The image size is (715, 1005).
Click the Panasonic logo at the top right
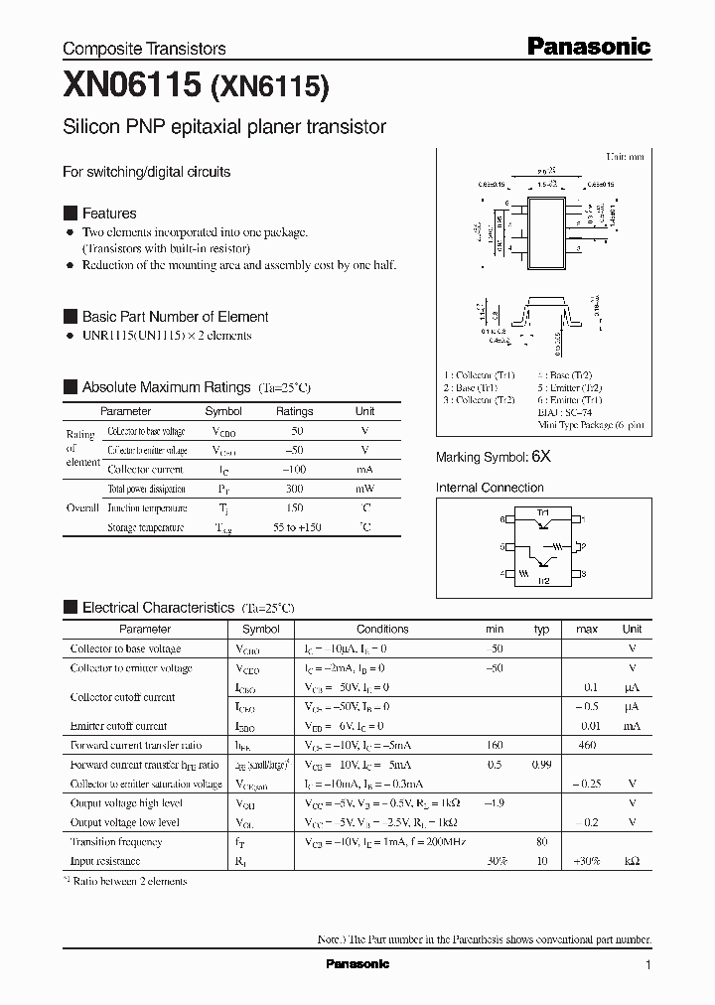(x=588, y=46)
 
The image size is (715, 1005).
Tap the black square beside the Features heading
(x=70, y=214)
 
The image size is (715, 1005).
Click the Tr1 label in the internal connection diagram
(x=543, y=512)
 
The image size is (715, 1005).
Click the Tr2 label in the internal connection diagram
(x=543, y=581)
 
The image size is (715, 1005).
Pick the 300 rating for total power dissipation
(x=294, y=489)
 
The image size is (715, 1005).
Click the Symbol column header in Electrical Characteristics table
(x=261, y=629)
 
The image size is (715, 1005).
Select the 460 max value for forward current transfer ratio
(x=586, y=745)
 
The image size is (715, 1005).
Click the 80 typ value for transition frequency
(x=541, y=842)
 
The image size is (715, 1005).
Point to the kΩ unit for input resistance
(x=632, y=861)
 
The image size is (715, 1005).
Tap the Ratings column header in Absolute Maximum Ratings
(x=294, y=411)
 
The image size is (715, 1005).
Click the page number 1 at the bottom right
(x=647, y=964)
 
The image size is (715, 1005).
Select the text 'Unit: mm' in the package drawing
(x=625, y=157)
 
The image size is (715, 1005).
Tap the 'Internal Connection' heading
(x=490, y=488)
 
